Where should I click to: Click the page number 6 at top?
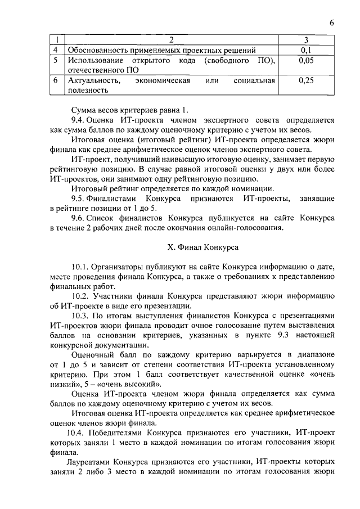click(332, 22)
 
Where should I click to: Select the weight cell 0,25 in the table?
click(306, 81)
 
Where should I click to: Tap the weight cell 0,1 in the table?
click(306, 49)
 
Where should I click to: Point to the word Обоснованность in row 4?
click(98, 49)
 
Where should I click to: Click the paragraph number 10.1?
click(81, 266)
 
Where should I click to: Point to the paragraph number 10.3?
click(81, 316)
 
